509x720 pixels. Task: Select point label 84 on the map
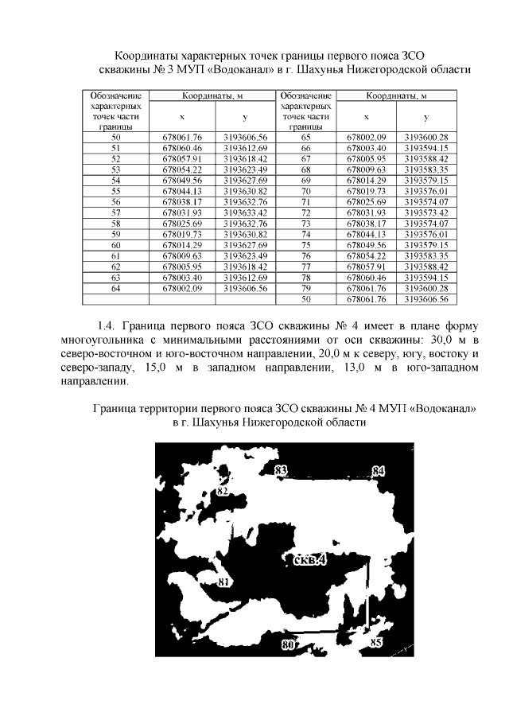[379, 472]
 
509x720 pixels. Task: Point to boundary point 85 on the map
[376, 641]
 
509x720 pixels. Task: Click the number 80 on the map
[288, 646]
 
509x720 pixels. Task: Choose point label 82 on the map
[223, 492]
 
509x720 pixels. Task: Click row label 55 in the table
[116, 191]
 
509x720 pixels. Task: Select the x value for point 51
[182, 148]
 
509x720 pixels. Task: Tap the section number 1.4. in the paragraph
[107, 326]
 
